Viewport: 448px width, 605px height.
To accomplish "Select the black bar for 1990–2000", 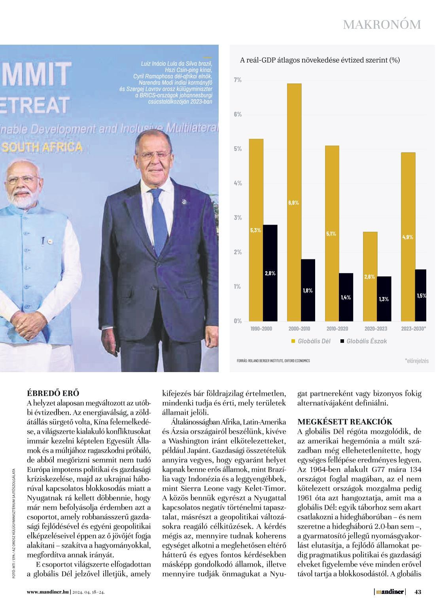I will click(x=270, y=272).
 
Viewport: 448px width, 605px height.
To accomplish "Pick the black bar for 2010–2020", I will click(x=346, y=297).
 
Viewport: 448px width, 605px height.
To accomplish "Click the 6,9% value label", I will click(x=293, y=203).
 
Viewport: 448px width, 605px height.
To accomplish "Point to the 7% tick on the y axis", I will click(x=237, y=80).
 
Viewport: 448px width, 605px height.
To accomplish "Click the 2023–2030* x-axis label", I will click(x=414, y=329).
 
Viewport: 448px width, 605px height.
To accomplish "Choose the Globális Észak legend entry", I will click(x=363, y=341).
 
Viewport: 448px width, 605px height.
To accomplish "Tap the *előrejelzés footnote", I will click(x=417, y=361).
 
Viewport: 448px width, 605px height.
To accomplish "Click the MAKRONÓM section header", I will click(x=382, y=25).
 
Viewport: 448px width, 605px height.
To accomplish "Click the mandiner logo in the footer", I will click(x=390, y=592).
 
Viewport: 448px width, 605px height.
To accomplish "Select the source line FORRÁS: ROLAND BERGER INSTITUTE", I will click(x=273, y=361).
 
